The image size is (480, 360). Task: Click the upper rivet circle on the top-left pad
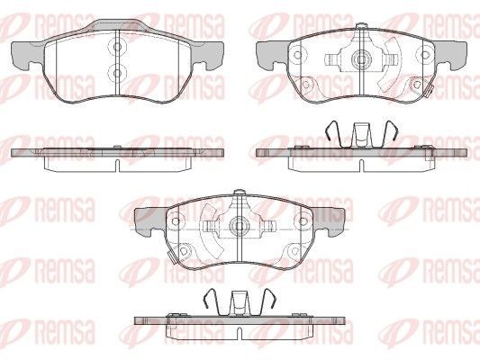pyautogui.click(x=117, y=47)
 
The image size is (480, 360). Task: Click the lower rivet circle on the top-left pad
pyautogui.click(x=117, y=74)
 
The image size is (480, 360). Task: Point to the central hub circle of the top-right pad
pyautogui.click(x=361, y=58)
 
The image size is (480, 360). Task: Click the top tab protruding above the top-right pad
pyautogui.click(x=361, y=27)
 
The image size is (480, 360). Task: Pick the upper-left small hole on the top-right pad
pyautogui.click(x=297, y=56)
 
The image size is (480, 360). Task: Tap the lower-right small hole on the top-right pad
pyautogui.click(x=417, y=85)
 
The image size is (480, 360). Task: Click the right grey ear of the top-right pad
pyautogui.click(x=450, y=54)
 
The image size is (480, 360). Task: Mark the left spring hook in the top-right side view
pyautogui.click(x=332, y=130)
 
